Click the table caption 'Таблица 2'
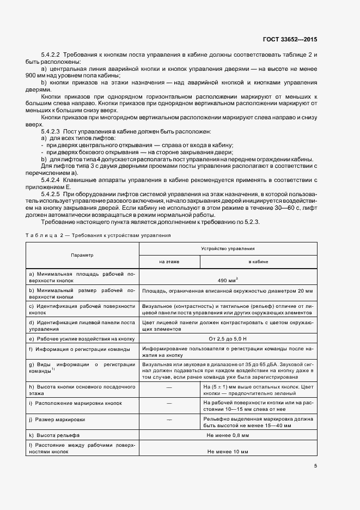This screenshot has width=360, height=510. coord(42,235)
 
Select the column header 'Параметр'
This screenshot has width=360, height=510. coord(82,255)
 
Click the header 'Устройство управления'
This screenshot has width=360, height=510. coord(228,248)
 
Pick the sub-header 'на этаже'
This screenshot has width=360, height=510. coord(169,262)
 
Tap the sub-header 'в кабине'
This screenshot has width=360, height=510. coord(258,262)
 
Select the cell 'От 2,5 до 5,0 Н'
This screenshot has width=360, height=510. coord(228,338)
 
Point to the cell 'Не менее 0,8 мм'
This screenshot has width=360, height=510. coord(228,436)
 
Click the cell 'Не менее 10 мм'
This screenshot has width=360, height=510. coord(228,452)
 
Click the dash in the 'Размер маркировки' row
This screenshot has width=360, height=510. coord(169,420)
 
